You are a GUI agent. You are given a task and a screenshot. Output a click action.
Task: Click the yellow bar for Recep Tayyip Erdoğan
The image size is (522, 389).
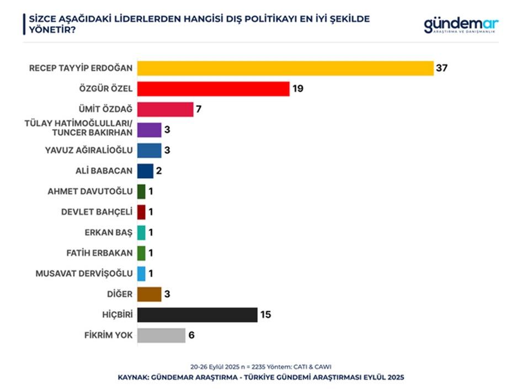pos(285,68)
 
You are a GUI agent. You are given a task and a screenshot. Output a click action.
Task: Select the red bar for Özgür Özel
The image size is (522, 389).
pos(213,89)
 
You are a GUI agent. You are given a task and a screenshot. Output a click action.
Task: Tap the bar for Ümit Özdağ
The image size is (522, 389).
pos(165,109)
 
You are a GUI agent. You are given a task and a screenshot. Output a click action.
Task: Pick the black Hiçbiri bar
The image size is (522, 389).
pos(197,315)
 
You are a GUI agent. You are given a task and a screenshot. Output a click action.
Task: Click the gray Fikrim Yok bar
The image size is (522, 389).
pos(161,335)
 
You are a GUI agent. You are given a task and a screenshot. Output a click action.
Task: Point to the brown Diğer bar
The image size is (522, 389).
pos(149,294)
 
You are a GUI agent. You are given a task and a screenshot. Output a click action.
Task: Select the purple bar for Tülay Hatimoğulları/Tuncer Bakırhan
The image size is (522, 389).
pos(149,130)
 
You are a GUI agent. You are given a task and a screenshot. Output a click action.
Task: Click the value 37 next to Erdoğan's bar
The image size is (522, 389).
pos(441,68)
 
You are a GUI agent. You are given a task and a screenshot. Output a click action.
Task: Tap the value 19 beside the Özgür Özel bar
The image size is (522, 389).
pos(299,89)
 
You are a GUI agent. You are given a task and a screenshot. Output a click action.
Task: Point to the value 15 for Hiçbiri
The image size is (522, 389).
pos(266,315)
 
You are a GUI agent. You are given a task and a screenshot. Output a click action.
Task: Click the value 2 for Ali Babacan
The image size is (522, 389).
pos(159,171)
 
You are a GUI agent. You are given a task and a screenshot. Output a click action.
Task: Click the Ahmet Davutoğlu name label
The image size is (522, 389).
pos(90,191)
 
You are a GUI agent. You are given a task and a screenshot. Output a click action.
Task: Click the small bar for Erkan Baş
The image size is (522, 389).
pos(141,232)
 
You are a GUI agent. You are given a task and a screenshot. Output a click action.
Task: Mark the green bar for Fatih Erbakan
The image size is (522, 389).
pos(141,253)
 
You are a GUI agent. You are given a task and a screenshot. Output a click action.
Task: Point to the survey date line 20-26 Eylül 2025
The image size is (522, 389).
pos(261,366)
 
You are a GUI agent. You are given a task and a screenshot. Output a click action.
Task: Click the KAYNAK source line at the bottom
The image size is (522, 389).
pos(261,377)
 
